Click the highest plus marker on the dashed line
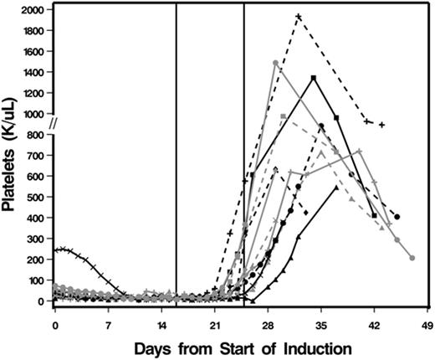(299, 17)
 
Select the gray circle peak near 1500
(275, 63)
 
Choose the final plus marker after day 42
(381, 125)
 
